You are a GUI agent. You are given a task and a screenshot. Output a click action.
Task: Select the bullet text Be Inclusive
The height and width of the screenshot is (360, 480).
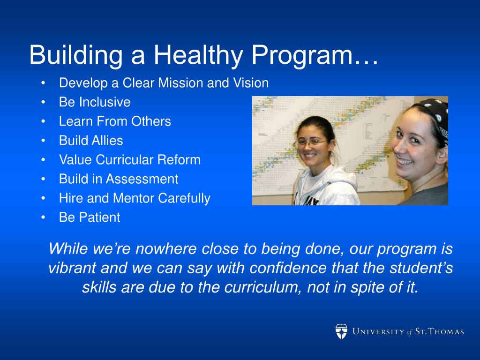click(x=95, y=102)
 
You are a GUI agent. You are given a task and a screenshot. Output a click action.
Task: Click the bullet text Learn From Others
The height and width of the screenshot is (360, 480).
click(x=115, y=121)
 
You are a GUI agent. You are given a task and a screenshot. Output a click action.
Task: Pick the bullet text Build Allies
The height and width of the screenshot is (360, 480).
click(x=91, y=141)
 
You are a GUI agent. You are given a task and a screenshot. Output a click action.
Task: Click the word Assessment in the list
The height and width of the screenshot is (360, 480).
click(x=142, y=179)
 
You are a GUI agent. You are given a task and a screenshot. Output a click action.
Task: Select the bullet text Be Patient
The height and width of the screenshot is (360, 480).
click(x=90, y=217)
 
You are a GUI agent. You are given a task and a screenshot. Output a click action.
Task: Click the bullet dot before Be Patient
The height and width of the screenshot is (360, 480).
click(x=43, y=217)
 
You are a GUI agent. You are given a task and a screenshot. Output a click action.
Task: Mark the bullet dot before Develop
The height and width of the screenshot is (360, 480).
click(x=43, y=83)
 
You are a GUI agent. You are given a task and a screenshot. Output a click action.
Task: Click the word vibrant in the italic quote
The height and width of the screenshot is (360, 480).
click(x=72, y=268)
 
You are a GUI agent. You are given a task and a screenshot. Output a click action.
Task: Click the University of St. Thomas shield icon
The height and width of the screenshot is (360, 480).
click(x=341, y=331)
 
